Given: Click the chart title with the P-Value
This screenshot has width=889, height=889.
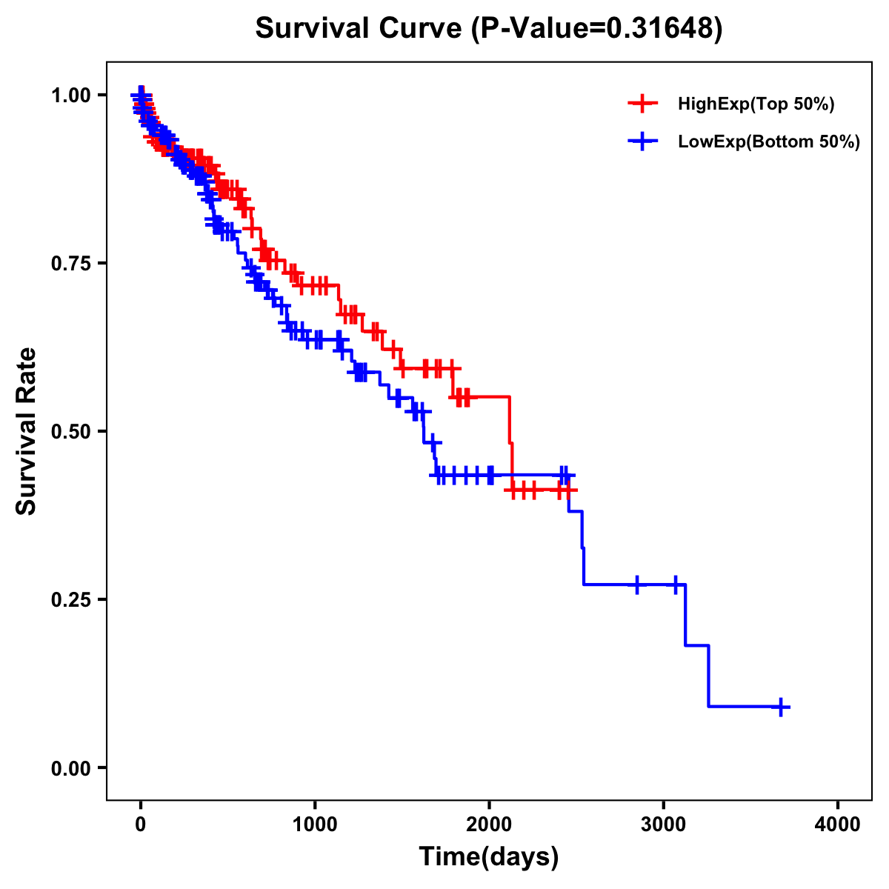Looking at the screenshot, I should [x=488, y=28].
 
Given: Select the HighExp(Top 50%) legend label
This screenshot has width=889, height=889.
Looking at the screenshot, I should [x=756, y=104].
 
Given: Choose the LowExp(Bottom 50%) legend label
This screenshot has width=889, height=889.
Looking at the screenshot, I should [x=769, y=142].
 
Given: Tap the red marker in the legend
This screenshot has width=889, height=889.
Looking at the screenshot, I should [x=642, y=104].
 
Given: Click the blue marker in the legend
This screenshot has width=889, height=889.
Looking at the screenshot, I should [x=642, y=142].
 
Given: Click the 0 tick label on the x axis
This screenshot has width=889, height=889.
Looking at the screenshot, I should [x=140, y=825].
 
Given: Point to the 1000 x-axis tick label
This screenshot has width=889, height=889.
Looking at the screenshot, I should [x=315, y=825].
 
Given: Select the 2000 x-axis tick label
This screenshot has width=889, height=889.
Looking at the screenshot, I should [x=489, y=825].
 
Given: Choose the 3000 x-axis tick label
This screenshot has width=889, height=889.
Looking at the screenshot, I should [x=664, y=825].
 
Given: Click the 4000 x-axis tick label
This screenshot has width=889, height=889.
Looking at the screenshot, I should [x=838, y=825].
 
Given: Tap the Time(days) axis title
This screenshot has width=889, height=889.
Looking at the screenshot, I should [x=489, y=857].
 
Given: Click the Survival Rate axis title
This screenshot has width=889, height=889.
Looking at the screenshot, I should [x=27, y=431].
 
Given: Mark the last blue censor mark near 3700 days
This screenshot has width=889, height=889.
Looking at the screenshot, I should [x=781, y=707].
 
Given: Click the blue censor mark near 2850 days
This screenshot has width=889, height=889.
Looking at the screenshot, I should [x=636, y=585].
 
